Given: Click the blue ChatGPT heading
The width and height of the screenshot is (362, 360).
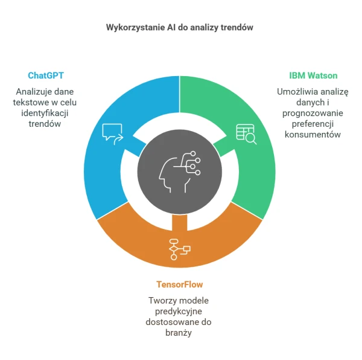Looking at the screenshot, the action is click(46, 76).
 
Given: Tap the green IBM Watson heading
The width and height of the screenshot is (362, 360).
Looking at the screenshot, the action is click(313, 76).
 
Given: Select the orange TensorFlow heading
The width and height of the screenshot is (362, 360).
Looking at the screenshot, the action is click(179, 284).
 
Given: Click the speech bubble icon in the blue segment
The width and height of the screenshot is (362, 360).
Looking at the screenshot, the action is click(113, 134).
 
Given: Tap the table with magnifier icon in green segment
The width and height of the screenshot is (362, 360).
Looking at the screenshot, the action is click(246, 134).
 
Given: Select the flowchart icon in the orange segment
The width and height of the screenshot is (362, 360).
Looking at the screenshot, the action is click(180, 249).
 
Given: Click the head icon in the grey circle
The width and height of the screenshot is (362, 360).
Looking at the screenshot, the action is click(180, 172).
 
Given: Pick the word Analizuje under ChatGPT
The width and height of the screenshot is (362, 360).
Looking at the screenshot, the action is click(34, 92).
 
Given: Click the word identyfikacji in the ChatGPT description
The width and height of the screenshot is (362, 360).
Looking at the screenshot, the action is click(45, 113).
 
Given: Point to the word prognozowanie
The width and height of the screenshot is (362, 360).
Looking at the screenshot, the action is click(313, 113).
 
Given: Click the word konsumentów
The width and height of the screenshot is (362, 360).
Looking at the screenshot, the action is click(313, 135).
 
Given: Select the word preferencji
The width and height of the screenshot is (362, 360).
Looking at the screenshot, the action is click(313, 124).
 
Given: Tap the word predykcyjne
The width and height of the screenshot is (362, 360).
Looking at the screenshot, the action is click(179, 312).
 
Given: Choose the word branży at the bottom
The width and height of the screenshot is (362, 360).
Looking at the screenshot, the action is click(179, 333).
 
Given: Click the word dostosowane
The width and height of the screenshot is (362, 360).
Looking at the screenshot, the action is click(168, 322).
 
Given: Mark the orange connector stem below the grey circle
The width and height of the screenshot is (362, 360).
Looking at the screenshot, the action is click(180, 222).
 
